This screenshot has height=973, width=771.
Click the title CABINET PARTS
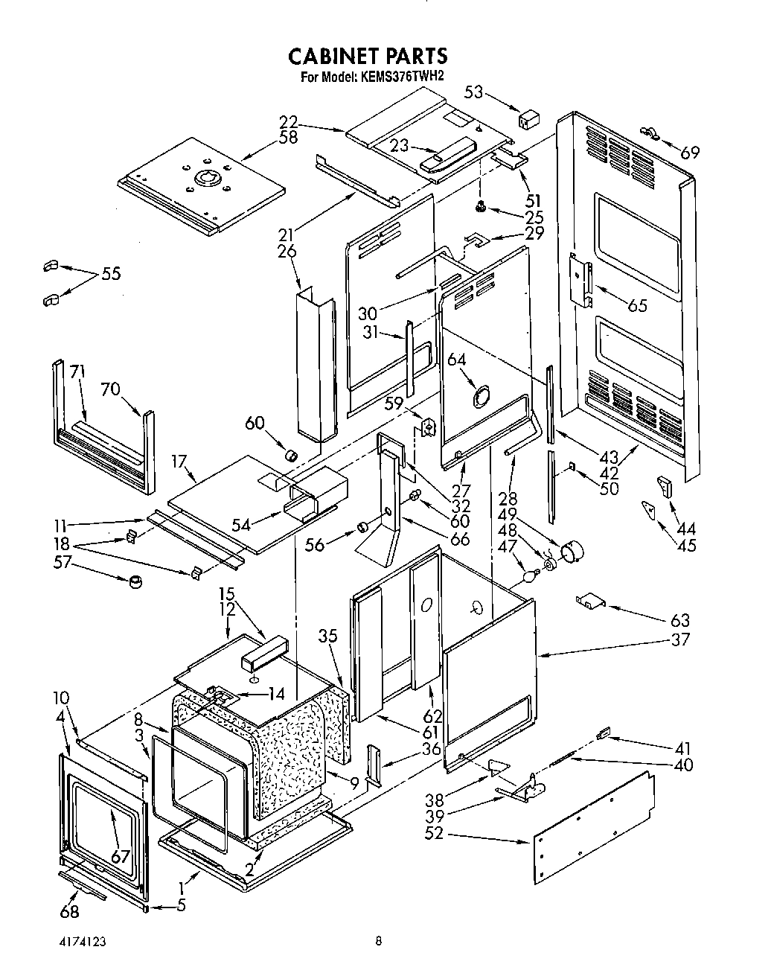click(x=368, y=56)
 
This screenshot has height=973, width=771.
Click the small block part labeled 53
click(x=529, y=119)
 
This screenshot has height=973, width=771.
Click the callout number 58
click(x=288, y=138)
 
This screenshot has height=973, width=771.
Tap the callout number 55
click(x=110, y=273)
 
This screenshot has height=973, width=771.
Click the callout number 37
click(x=679, y=639)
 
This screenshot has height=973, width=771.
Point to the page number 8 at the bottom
click(x=379, y=941)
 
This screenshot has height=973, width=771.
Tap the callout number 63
click(x=679, y=619)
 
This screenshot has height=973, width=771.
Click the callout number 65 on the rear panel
click(x=637, y=304)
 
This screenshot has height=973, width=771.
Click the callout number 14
click(x=276, y=694)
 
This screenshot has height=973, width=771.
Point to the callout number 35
click(x=327, y=636)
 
